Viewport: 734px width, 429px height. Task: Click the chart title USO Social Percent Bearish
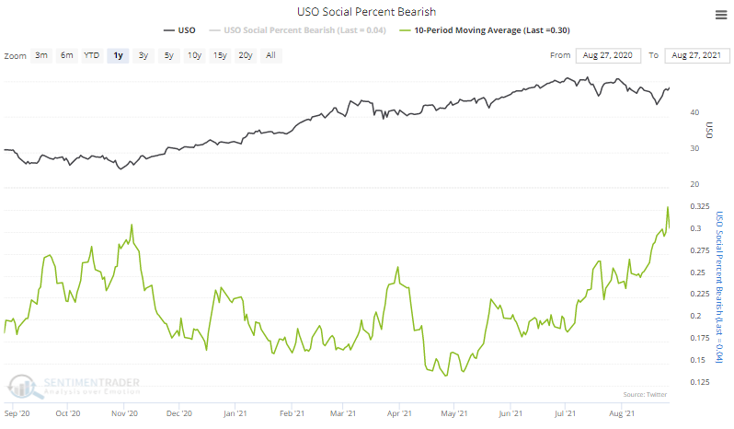[x=367, y=11]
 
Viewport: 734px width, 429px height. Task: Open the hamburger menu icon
[x=719, y=14]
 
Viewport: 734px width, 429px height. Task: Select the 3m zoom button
[x=41, y=55]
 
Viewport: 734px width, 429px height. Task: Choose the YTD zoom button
[x=91, y=55]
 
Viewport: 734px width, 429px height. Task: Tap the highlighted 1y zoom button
[x=117, y=55]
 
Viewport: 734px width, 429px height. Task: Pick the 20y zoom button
[x=245, y=55]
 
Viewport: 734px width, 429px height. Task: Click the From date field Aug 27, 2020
[x=607, y=56]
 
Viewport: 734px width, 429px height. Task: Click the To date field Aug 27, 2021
[x=697, y=56]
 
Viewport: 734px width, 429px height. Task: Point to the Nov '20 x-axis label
[x=125, y=413]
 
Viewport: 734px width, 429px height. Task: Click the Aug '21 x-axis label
[x=625, y=413]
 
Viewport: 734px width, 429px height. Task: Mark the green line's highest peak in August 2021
[x=668, y=207]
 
